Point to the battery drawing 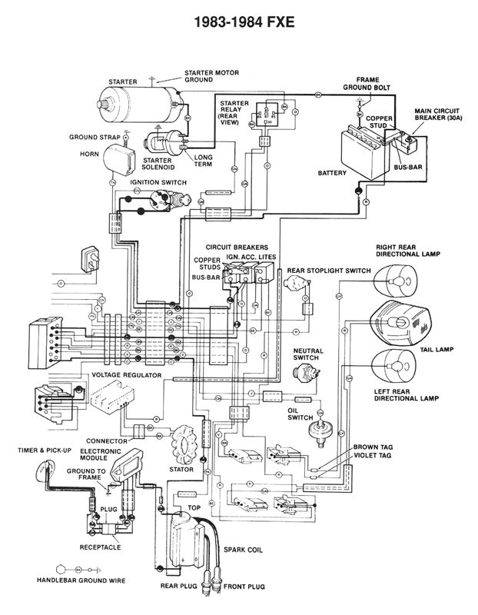click(x=360, y=145)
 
